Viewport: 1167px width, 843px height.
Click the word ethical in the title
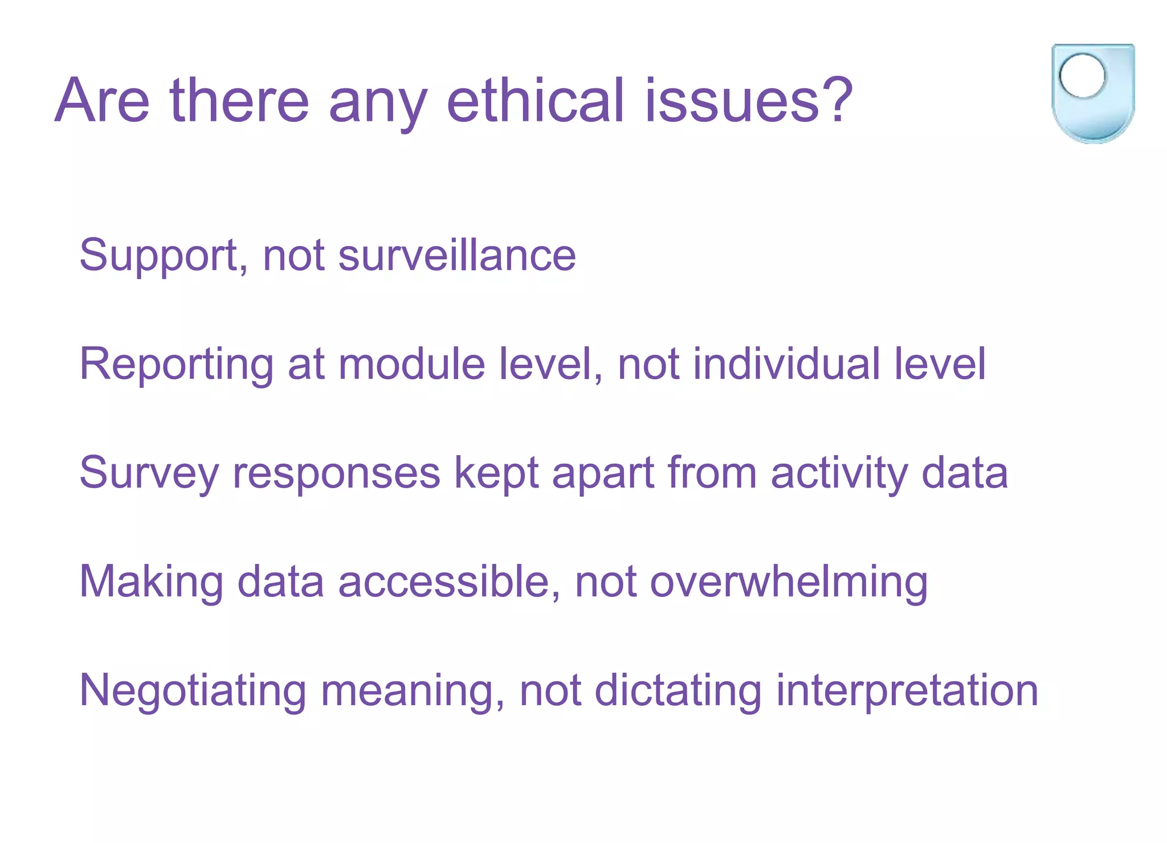tap(536, 101)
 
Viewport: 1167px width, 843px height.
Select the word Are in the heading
tap(103, 101)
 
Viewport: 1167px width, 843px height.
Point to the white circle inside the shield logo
tap(1082, 75)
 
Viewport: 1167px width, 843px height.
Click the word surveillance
tap(457, 255)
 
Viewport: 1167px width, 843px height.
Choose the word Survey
tap(149, 473)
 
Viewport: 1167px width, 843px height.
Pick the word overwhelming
tap(789, 582)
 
